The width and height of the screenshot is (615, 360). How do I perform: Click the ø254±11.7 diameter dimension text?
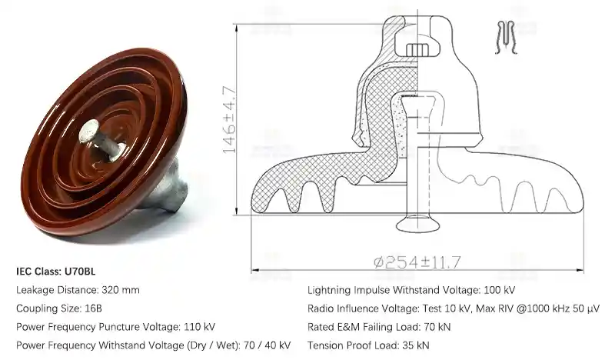click(417, 262)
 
